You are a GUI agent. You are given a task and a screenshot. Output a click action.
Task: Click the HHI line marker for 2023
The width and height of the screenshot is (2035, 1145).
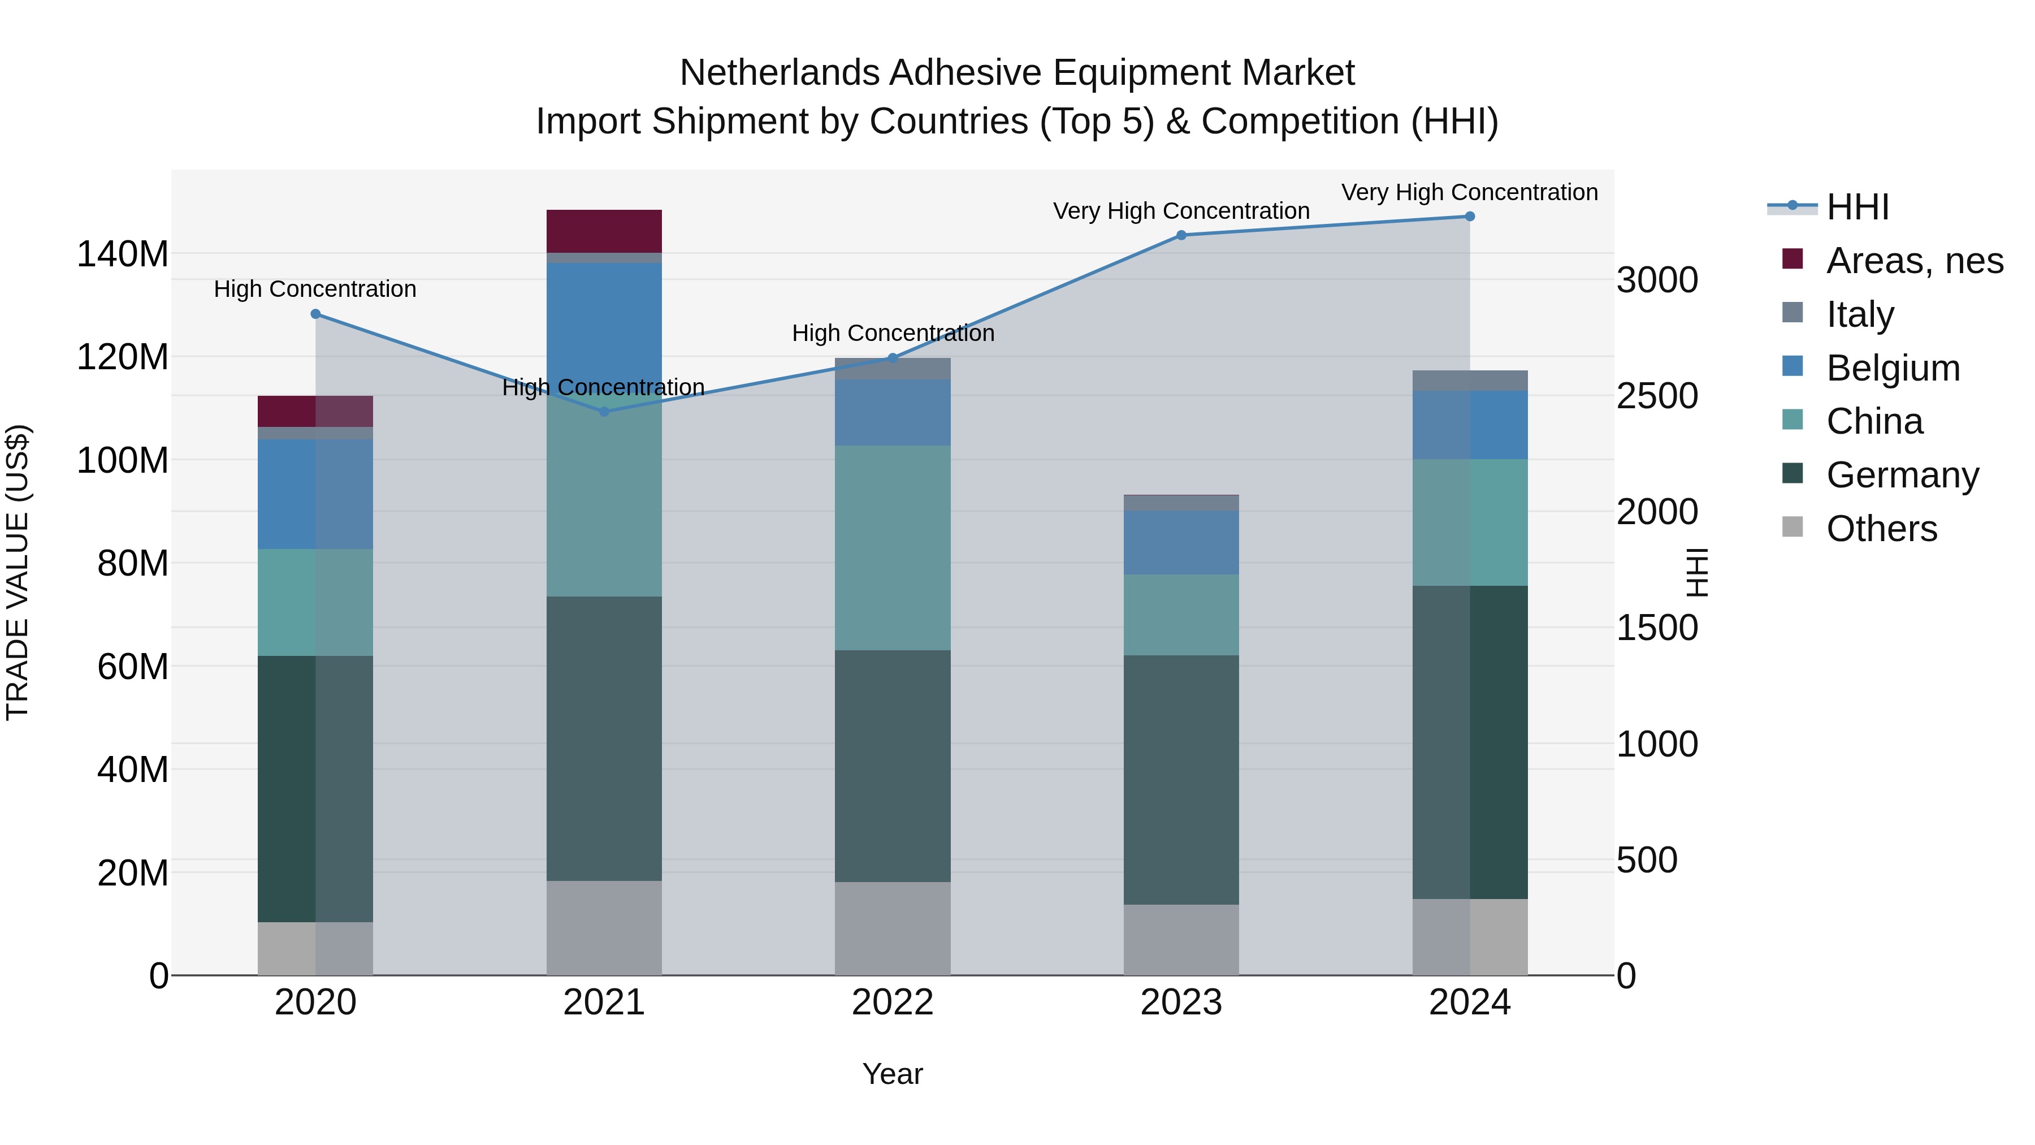point(1181,235)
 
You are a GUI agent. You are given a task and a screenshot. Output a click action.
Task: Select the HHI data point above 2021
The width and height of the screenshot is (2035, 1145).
point(604,412)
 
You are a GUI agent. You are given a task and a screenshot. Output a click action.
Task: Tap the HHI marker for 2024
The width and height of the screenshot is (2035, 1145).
point(1469,217)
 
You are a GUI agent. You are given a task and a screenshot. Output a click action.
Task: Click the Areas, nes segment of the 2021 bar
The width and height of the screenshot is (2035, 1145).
point(604,231)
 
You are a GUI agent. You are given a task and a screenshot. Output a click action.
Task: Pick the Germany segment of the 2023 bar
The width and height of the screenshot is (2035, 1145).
point(1181,779)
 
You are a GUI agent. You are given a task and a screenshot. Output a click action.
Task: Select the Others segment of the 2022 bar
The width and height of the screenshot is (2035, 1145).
point(893,928)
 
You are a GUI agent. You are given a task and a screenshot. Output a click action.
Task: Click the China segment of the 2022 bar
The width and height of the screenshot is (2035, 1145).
point(893,547)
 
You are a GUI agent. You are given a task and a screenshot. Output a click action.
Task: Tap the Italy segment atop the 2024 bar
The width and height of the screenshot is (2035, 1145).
point(1469,380)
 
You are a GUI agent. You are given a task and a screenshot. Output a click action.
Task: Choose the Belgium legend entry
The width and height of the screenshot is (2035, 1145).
point(1893,368)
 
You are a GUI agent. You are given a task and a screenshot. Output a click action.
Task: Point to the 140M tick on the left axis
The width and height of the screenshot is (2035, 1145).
point(123,254)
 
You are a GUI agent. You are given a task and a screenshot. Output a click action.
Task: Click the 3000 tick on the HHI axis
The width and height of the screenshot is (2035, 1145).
point(1657,280)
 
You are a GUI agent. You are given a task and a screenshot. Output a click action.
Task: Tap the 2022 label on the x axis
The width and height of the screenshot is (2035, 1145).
point(893,1003)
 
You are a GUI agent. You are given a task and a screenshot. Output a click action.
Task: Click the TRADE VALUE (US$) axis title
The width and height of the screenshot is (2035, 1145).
point(18,572)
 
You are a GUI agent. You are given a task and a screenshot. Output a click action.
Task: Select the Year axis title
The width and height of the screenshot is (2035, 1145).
point(893,1074)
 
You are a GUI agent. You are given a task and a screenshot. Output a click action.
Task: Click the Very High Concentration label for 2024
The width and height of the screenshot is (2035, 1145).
point(1469,192)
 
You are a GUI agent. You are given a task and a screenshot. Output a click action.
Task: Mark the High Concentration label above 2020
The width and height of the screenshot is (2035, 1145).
point(315,289)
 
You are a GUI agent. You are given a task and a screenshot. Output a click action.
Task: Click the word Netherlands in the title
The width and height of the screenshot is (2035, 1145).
point(779,73)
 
